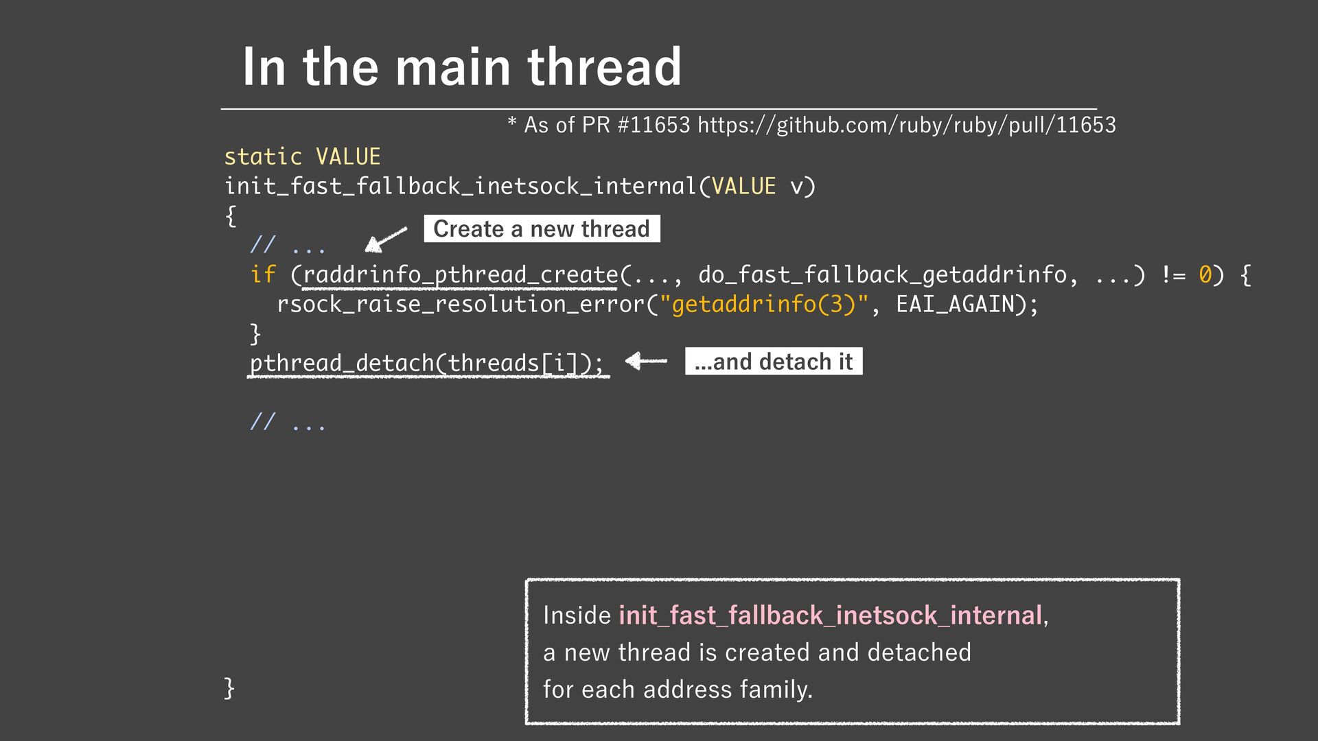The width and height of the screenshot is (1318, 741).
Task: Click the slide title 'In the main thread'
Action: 461,67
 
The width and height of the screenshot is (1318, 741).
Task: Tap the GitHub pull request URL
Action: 906,125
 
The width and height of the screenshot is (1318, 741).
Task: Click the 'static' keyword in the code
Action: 263,156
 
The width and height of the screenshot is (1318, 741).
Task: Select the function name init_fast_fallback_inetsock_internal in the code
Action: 461,186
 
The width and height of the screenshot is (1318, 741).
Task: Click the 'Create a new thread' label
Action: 542,228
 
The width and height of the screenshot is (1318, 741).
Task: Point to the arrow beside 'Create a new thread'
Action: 385,239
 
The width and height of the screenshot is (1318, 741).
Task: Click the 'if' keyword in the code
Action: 263,274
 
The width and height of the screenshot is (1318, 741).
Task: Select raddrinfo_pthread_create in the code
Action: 460,274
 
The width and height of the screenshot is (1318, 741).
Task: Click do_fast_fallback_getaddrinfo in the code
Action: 882,274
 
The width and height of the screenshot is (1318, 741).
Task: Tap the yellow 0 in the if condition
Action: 1205,274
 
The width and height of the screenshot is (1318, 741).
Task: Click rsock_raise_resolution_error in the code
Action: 461,304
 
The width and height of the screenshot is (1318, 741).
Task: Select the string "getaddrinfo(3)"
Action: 764,304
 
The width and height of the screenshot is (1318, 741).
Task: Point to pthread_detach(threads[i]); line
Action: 426,363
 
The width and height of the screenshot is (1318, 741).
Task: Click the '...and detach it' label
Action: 773,362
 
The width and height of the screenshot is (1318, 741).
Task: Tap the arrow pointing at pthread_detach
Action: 646,361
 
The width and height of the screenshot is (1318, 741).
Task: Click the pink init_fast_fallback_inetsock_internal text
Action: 830,615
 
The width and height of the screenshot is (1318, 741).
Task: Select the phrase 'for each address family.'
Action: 678,689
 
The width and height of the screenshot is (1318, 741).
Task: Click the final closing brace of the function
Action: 229,687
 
